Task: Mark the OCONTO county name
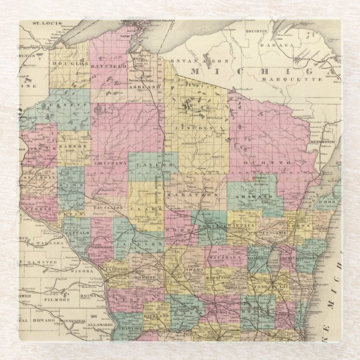click(x=273, y=162)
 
